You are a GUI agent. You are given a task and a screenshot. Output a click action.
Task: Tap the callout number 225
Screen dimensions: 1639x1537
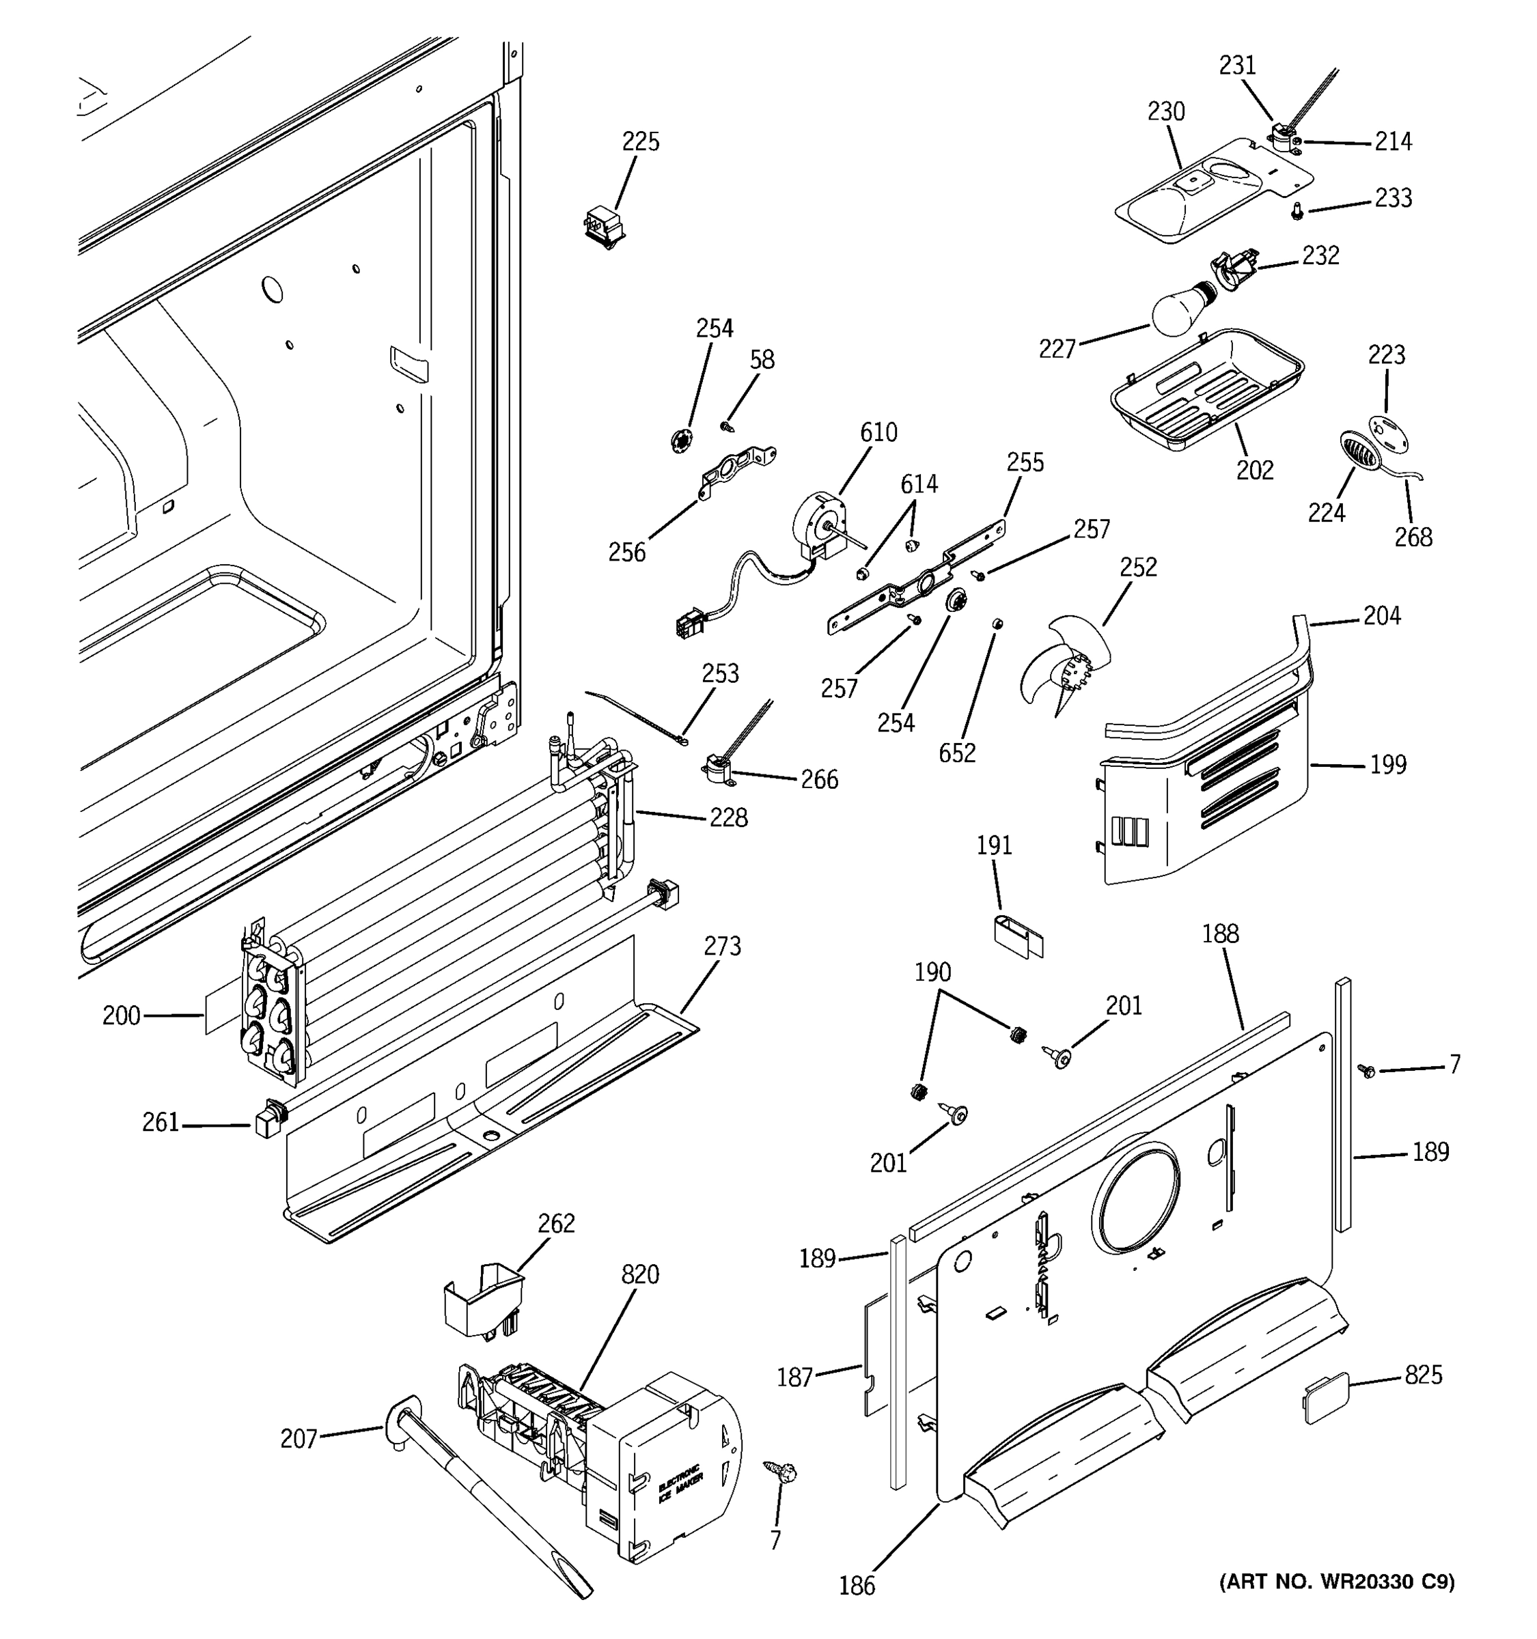pyautogui.click(x=641, y=142)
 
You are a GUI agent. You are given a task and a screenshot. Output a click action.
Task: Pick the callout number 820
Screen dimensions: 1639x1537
pyautogui.click(x=640, y=1274)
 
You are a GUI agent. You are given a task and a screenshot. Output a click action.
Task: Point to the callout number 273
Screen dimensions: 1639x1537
pyautogui.click(x=722, y=946)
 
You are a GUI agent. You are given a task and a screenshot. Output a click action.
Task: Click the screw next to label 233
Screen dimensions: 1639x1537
pyautogui.click(x=1297, y=212)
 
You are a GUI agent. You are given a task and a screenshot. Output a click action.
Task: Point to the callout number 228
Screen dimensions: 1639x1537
pyautogui.click(x=728, y=818)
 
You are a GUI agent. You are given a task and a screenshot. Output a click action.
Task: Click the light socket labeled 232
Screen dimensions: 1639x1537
pyautogui.click(x=1233, y=270)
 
